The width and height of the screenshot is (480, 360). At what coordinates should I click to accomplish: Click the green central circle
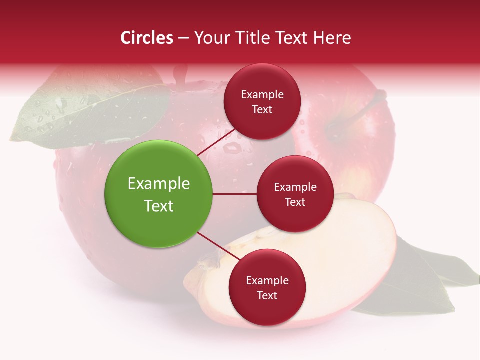159,194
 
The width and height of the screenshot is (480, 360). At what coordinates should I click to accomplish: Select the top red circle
262,101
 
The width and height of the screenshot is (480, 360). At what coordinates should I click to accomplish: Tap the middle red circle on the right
295,194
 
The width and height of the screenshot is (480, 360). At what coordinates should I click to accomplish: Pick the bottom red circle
267,287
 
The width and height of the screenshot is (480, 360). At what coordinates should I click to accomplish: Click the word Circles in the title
147,38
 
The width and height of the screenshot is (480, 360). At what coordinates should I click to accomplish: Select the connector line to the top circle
216,141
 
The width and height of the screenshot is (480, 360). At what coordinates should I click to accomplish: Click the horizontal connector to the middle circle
235,194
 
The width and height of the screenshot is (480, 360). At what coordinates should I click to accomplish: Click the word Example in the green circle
159,184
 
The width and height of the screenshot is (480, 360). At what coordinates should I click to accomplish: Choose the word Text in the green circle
159,206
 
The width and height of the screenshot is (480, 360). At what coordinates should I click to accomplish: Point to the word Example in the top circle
262,95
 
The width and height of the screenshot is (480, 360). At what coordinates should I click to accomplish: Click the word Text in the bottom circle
267,295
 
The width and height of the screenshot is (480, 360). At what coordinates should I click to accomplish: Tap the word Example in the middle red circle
295,187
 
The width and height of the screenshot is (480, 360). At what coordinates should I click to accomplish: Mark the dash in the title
183,38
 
